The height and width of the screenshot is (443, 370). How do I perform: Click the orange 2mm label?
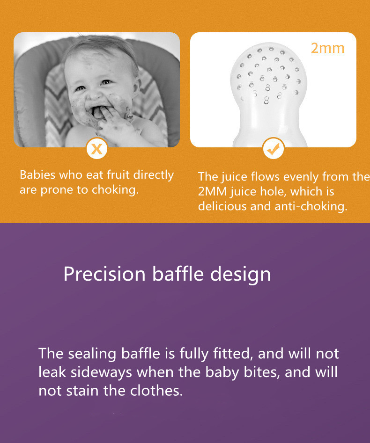click(327, 48)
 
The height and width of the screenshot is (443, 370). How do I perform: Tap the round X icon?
click(97, 148)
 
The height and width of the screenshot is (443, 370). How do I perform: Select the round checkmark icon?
click(273, 148)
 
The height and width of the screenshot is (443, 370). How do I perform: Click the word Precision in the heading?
click(104, 274)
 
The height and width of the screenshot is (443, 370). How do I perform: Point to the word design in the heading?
click(240, 274)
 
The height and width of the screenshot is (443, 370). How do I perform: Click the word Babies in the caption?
click(37, 174)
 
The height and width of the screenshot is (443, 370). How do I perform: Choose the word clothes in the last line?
click(156, 391)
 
